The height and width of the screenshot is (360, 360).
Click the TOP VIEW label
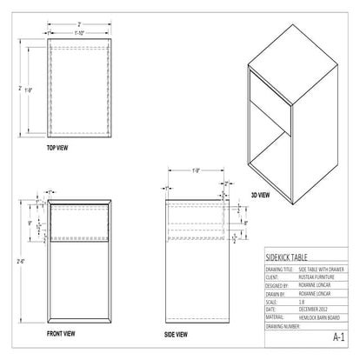point(58,149)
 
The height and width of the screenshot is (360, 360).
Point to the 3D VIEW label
point(260,195)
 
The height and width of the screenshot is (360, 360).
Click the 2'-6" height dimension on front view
point(21,260)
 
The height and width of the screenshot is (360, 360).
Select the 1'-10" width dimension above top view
point(79,32)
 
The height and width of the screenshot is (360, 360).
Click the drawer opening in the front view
point(79,224)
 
